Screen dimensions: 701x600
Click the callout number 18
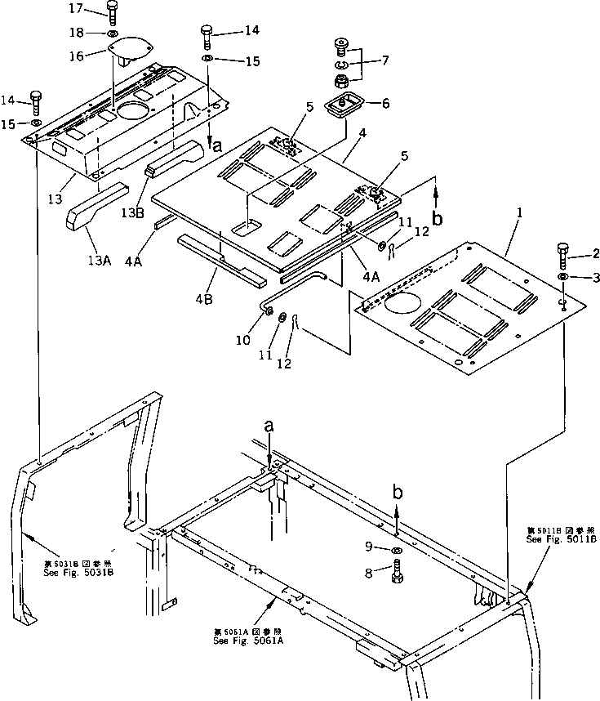click(x=75, y=33)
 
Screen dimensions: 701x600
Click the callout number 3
click(x=596, y=278)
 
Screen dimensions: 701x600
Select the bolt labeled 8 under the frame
click(x=398, y=571)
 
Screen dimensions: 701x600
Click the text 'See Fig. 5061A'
click(x=248, y=641)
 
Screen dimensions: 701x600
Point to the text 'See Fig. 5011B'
click(x=561, y=539)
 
